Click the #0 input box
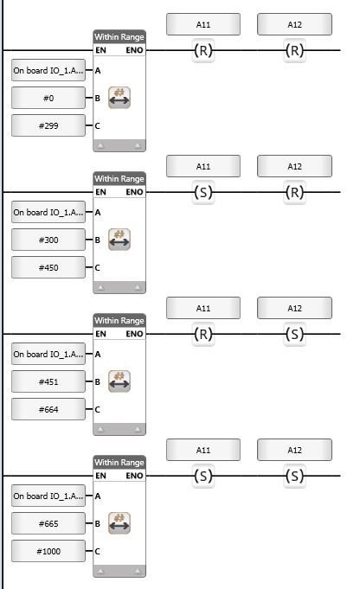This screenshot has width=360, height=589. tap(48, 98)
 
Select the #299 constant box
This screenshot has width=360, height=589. tap(48, 125)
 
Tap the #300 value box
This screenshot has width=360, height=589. tap(48, 240)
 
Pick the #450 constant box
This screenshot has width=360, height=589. tap(48, 268)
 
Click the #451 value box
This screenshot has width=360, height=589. tap(48, 382)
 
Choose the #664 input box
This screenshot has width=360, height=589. tap(48, 409)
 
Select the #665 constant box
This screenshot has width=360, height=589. tap(48, 523)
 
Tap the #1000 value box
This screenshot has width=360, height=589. tap(48, 552)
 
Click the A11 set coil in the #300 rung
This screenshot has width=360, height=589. tap(203, 192)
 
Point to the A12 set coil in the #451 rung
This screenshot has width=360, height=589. tap(294, 334)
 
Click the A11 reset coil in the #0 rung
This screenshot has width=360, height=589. tap(203, 50)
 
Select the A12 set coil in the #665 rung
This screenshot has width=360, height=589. tap(294, 476)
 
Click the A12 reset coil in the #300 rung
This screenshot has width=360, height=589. tap(294, 192)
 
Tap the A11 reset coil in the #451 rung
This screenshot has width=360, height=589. tap(203, 334)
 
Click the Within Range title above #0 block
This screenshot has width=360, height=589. tap(119, 37)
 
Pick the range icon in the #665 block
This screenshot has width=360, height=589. tap(119, 523)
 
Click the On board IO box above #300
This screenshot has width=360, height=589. tap(48, 213)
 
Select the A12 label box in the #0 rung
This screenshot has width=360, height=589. tap(294, 24)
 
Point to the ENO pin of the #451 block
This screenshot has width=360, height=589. tap(134, 334)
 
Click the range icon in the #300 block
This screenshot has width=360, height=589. tap(119, 240)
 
